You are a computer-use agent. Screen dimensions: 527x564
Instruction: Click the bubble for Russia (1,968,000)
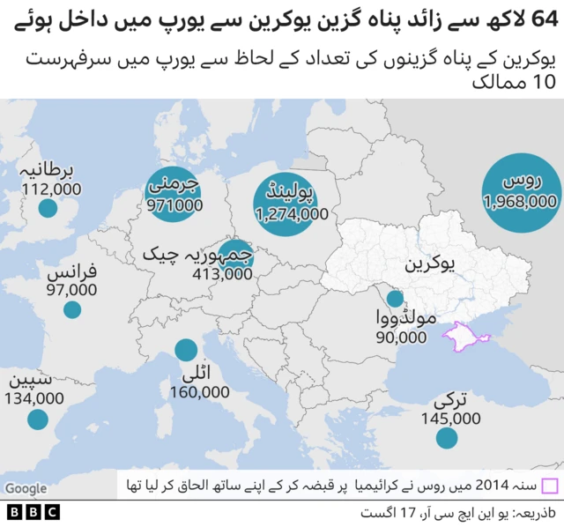pyautogui.click(x=519, y=192)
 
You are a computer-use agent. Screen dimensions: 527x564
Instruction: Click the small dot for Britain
pyautogui.click(x=48, y=209)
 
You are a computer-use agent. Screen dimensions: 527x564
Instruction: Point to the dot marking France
pyautogui.click(x=72, y=309)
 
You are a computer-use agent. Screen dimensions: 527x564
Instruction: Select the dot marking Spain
pyautogui.click(x=37, y=419)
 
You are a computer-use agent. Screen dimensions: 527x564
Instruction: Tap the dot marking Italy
pyautogui.click(x=186, y=350)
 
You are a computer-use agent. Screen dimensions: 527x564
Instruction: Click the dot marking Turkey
pyautogui.click(x=447, y=437)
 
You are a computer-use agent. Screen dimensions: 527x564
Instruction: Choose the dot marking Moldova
pyautogui.click(x=395, y=299)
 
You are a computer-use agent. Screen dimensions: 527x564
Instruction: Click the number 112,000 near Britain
pyautogui.click(x=51, y=189)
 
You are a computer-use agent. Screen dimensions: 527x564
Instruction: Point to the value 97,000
pyautogui.click(x=70, y=289)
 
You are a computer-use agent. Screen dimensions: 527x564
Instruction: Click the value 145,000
pyautogui.click(x=450, y=418)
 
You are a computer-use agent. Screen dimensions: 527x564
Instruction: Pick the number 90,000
pyautogui.click(x=401, y=337)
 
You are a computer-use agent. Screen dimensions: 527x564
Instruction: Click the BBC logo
pyautogui.click(x=33, y=511)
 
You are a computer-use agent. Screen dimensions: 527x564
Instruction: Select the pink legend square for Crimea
pyautogui.click(x=550, y=486)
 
